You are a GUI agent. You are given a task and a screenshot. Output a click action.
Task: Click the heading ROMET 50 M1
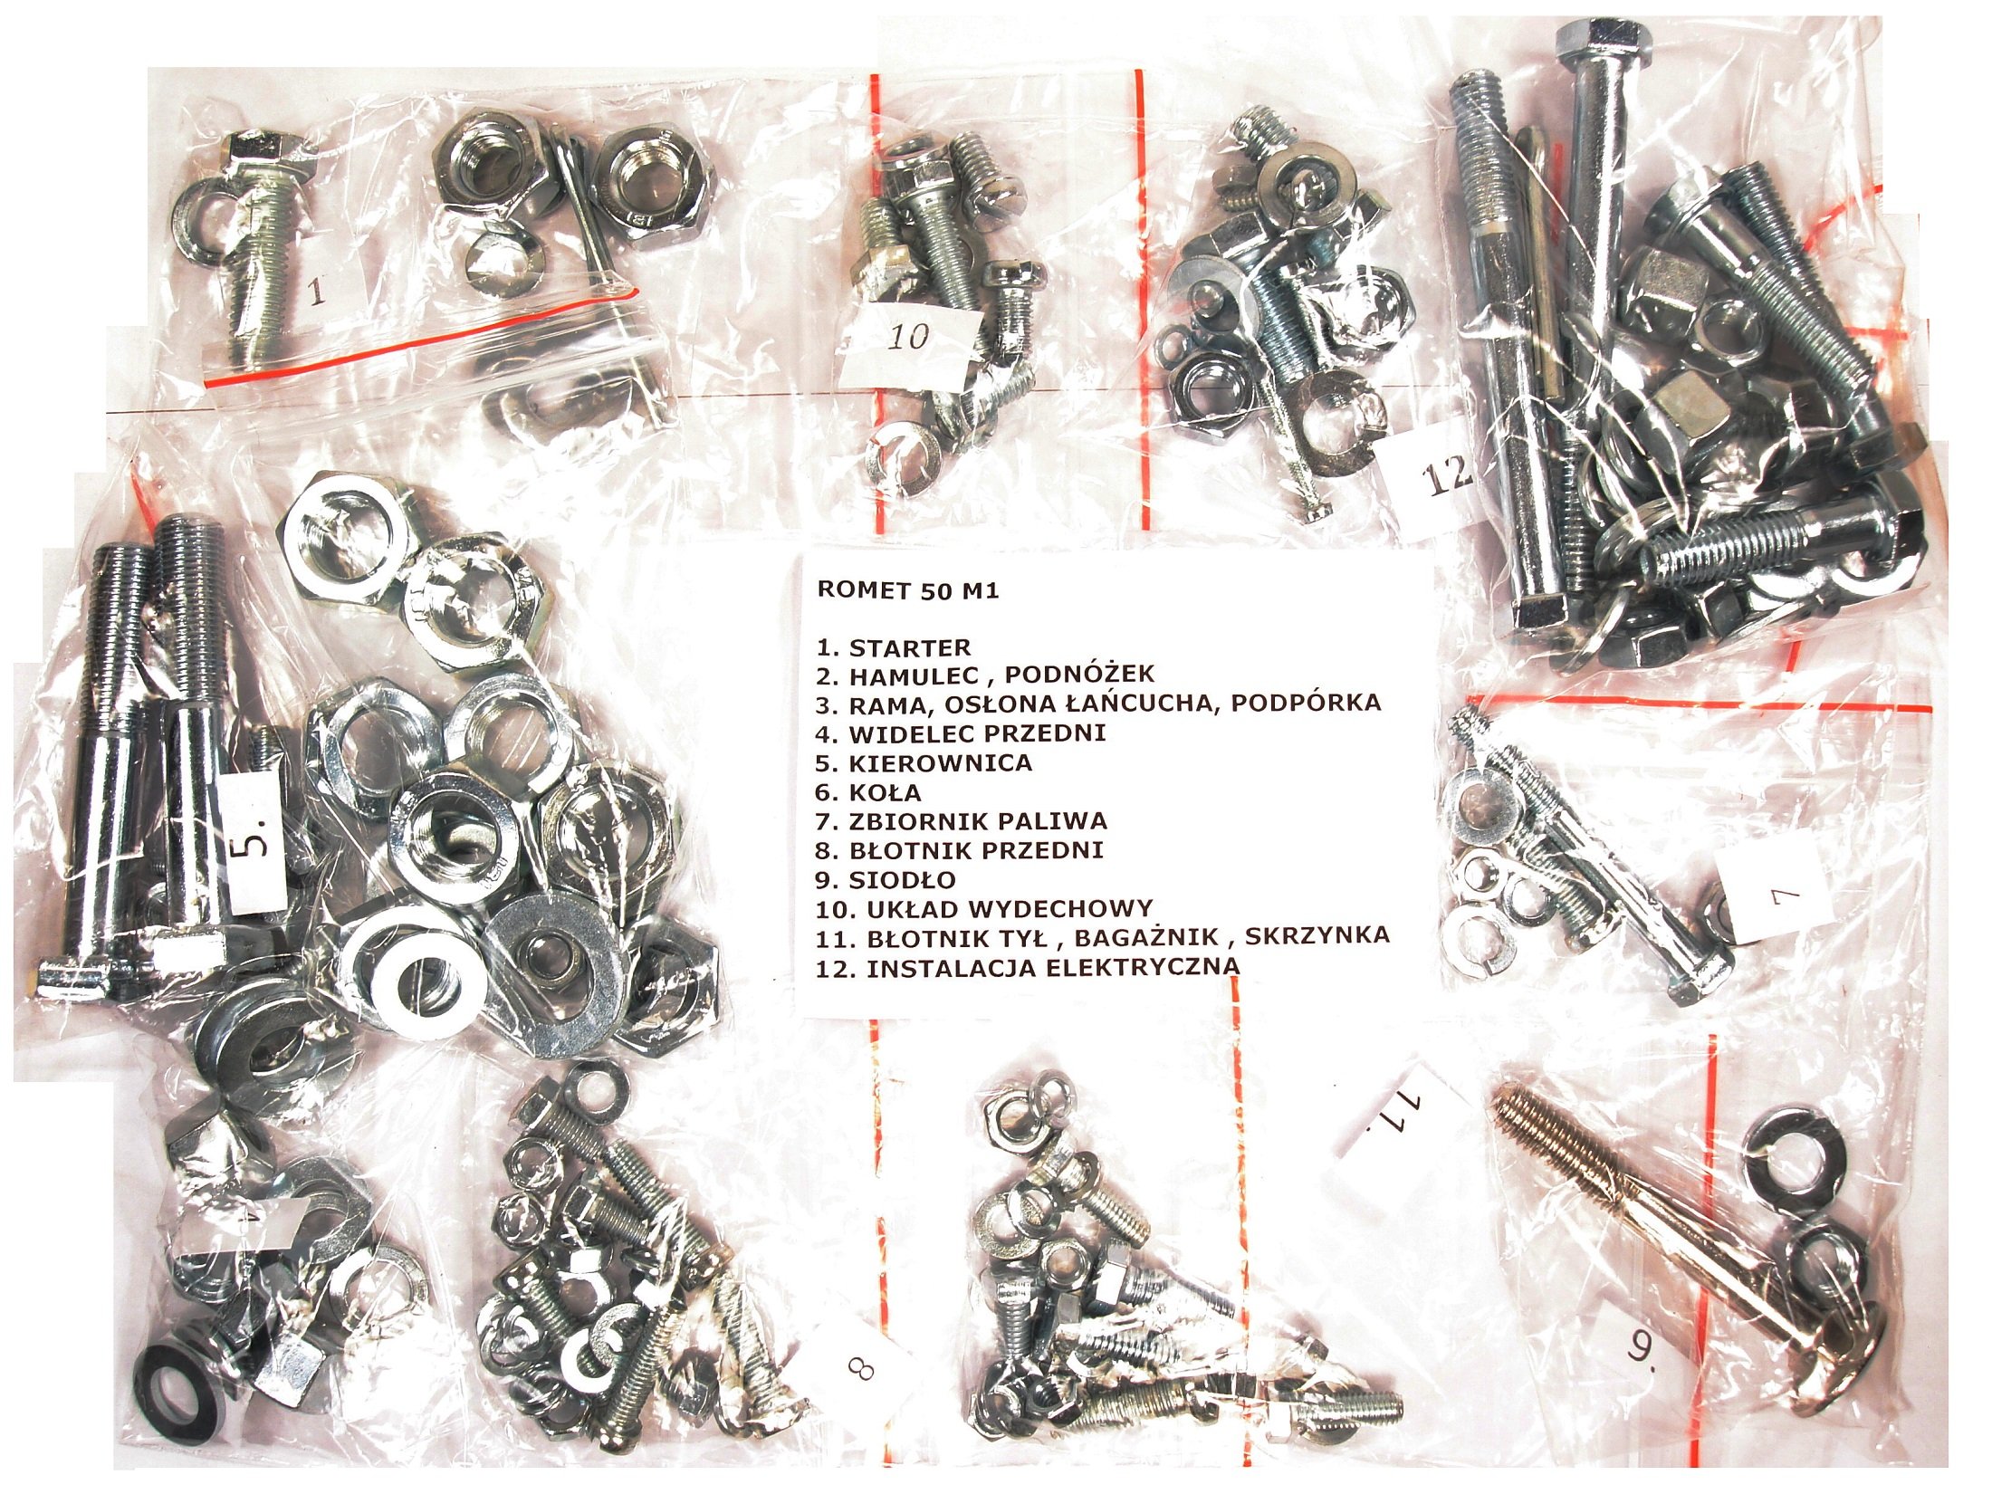click(x=907, y=590)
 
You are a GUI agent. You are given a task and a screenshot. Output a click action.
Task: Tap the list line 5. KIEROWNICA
click(x=924, y=762)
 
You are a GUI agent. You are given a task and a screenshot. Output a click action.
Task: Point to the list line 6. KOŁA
click(x=868, y=792)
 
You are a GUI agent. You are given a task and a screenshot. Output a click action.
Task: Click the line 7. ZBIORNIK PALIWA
click(x=962, y=821)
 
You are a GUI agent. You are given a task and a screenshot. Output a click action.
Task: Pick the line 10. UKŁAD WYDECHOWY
click(x=984, y=908)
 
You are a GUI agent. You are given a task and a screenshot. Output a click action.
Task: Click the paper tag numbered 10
click(x=908, y=340)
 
